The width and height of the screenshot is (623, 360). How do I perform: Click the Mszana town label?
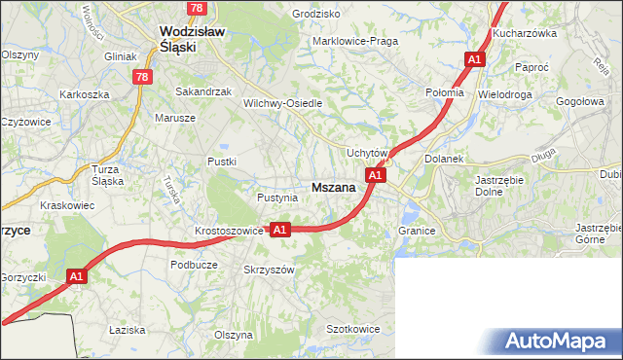tap(332, 187)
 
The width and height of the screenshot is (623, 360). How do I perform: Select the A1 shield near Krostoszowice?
tap(279, 230)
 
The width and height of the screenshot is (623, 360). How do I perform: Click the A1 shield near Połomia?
tap(474, 59)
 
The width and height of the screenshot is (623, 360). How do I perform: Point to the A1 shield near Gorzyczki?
tap(77, 277)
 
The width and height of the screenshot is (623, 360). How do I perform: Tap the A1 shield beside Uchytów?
tap(376, 175)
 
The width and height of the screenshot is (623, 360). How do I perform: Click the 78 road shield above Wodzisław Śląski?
tap(198, 8)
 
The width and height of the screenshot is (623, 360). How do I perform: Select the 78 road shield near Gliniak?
tap(143, 76)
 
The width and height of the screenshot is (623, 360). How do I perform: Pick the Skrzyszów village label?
tap(269, 270)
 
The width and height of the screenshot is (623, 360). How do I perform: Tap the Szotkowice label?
tap(352, 329)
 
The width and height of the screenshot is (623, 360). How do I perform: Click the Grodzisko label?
tap(316, 15)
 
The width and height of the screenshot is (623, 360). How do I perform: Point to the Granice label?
tap(416, 231)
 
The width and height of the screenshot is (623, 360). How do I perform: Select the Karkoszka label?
tap(84, 94)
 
